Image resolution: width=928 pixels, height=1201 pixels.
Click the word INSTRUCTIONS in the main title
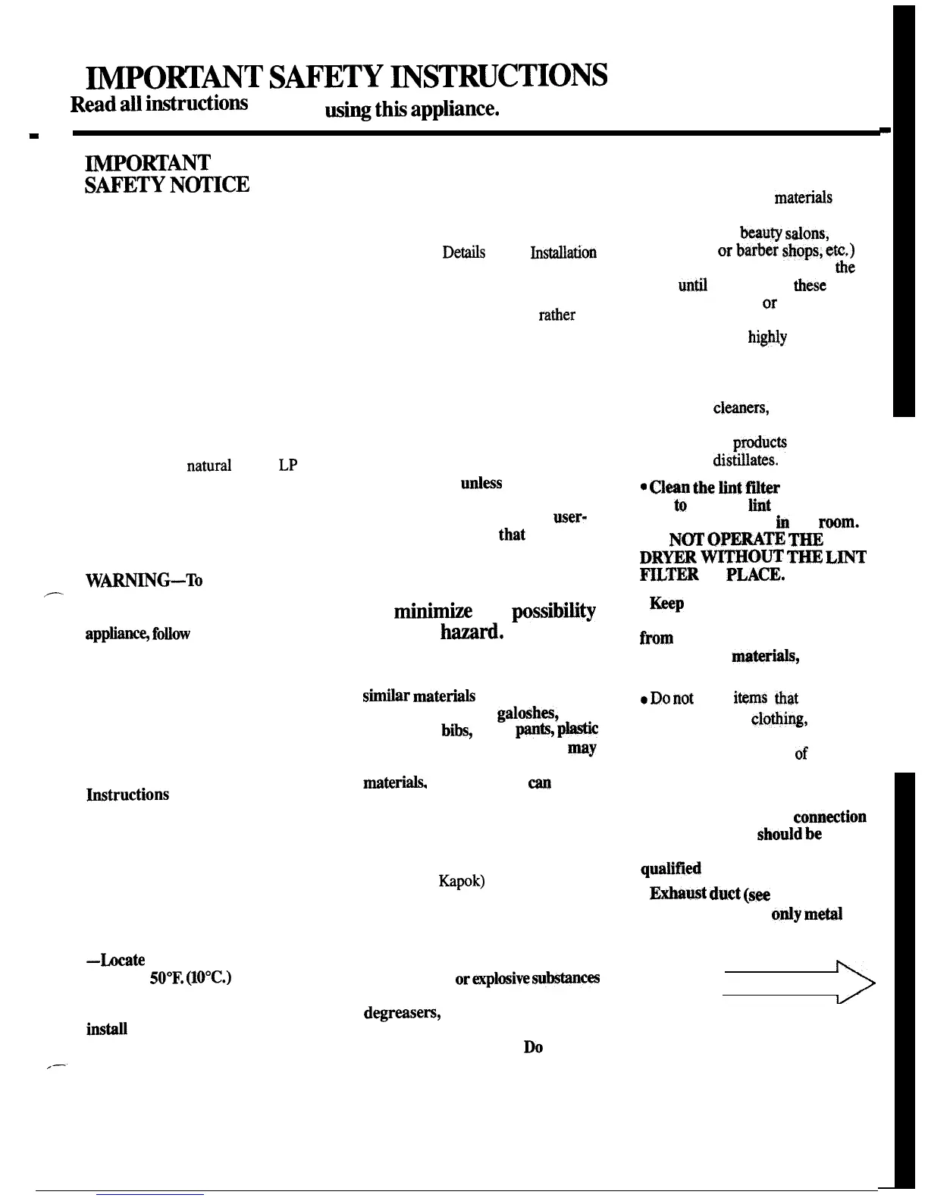[x=503, y=76]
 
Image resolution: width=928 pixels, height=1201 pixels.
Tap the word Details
[x=463, y=252]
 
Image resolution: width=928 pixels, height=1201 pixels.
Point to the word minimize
[x=433, y=611]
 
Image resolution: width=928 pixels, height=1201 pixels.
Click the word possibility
[x=553, y=611]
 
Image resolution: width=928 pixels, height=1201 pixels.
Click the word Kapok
[x=461, y=881]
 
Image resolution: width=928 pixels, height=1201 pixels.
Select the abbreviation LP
[x=287, y=466]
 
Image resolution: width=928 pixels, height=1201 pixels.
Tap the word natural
[x=208, y=466]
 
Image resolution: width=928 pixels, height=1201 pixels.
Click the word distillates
[x=745, y=460]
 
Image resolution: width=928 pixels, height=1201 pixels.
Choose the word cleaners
[x=741, y=409]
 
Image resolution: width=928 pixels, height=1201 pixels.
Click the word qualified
[x=670, y=869]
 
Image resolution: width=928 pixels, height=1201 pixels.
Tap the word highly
[x=767, y=337]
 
